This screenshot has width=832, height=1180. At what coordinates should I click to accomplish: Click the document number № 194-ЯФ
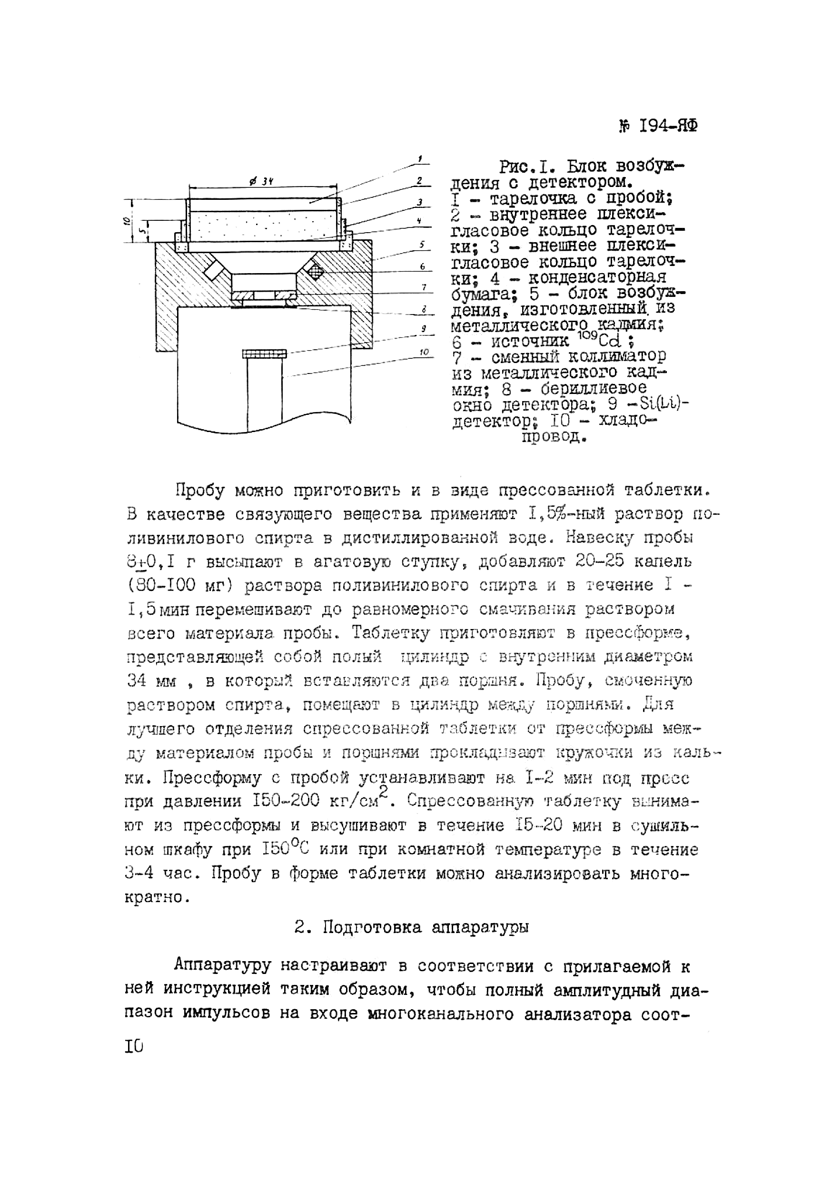click(x=658, y=127)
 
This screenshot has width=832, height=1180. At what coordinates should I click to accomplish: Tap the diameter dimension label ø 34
click(x=260, y=181)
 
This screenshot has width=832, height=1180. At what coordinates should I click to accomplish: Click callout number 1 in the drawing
click(x=420, y=159)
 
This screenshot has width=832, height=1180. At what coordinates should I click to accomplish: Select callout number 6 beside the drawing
click(x=422, y=266)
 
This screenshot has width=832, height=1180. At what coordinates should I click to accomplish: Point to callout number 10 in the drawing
click(x=424, y=352)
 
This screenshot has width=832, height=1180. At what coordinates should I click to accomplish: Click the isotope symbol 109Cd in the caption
click(x=604, y=339)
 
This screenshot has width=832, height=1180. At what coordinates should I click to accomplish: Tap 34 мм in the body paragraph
click(x=151, y=681)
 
